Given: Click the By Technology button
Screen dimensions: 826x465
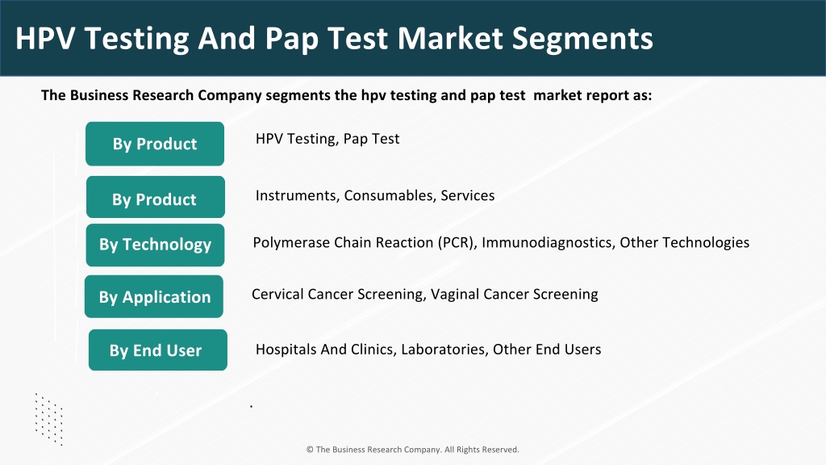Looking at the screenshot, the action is (x=155, y=245).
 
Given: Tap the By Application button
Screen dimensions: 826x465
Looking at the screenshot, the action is (x=154, y=296).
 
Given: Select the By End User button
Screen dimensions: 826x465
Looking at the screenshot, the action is (x=158, y=350).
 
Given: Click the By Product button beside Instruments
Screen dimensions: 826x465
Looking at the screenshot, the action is (x=156, y=197).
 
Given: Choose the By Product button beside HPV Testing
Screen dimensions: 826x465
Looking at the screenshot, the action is (x=155, y=144).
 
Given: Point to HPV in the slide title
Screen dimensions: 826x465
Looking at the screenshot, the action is (x=46, y=38).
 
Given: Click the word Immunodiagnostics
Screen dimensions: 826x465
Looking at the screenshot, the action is (x=548, y=242).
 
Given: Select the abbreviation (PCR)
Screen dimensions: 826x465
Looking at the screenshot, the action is (x=457, y=242).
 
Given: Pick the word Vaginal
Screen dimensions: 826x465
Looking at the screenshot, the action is (x=455, y=294).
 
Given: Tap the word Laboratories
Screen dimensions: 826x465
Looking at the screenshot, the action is (x=444, y=350).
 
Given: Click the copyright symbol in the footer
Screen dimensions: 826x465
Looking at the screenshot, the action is (x=310, y=450).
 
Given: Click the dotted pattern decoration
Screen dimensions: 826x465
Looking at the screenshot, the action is (x=49, y=419).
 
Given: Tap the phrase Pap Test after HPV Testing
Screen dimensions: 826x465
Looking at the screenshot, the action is (x=371, y=139).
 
